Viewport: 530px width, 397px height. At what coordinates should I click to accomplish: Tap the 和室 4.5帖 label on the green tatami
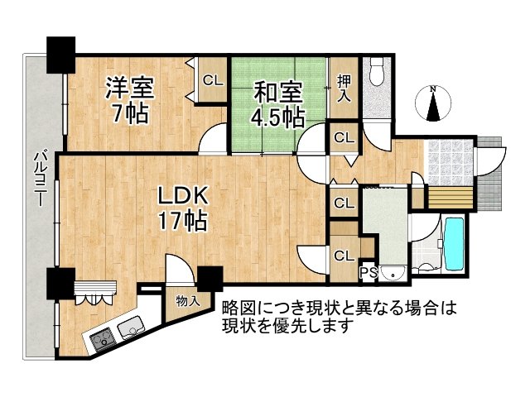[277, 103]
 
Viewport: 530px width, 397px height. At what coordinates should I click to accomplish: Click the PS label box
[369, 270]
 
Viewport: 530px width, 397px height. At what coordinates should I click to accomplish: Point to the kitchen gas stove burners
[104, 337]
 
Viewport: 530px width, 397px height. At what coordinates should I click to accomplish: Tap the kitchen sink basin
[132, 330]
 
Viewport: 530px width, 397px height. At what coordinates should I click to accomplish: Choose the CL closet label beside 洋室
[213, 80]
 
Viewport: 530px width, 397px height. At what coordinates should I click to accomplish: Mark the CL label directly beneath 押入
[343, 137]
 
